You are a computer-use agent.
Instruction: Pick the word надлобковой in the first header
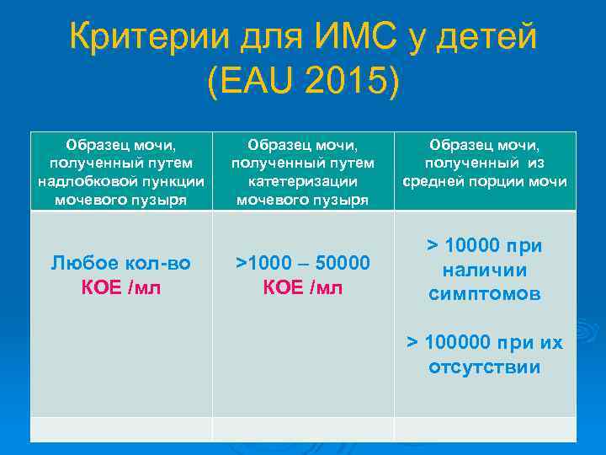[x=81, y=181]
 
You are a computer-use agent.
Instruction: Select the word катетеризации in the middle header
[x=303, y=181]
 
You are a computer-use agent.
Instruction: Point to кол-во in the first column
[x=162, y=263]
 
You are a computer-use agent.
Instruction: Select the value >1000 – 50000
[x=303, y=263]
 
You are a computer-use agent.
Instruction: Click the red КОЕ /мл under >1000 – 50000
[x=303, y=287]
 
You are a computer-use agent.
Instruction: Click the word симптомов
[x=485, y=294]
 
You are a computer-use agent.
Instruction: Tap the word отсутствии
[x=485, y=367]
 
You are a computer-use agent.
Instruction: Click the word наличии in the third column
[x=485, y=270]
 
